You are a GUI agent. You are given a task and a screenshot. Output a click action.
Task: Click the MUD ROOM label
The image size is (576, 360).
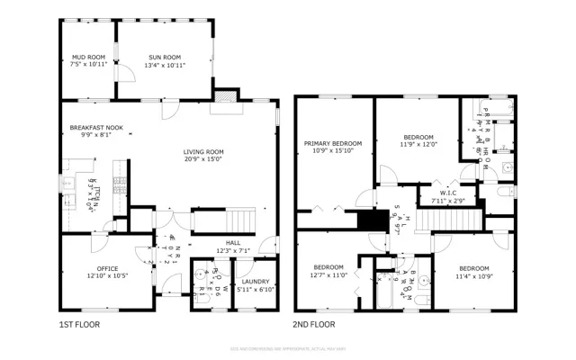click(88, 56)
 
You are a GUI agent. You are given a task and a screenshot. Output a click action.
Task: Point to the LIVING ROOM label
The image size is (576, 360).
click(203, 152)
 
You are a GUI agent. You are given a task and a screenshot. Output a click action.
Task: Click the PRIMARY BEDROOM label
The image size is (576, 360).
click(332, 143)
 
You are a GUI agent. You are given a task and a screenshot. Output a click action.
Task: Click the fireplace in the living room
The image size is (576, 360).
click(226, 98)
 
